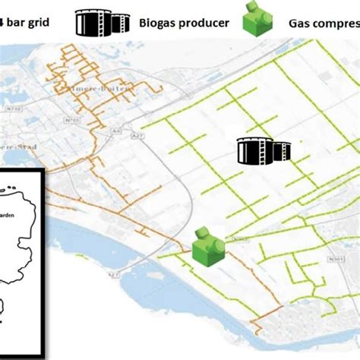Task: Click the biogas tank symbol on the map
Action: tap(260, 151)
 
